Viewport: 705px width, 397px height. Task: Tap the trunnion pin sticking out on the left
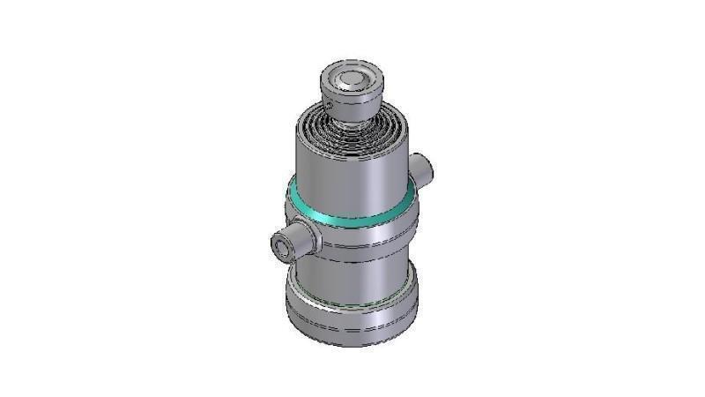(291, 242)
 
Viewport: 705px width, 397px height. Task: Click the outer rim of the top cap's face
(331, 81)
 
